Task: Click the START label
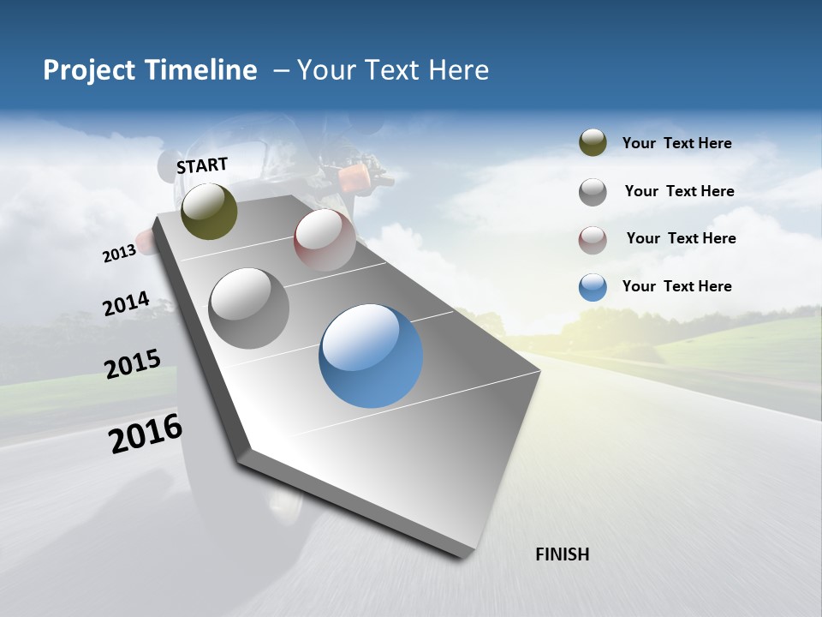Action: coord(202,165)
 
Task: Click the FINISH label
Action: coord(562,554)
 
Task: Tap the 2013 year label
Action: coord(119,254)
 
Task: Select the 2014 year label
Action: coord(126,304)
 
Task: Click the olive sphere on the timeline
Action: coord(210,211)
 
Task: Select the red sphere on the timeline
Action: coord(325,240)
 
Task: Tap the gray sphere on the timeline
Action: coord(249,308)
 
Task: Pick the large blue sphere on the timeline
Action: coord(371,356)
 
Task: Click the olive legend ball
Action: coord(593,143)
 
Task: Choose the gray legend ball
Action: coord(593,192)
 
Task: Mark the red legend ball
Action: coord(593,240)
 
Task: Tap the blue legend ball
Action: coord(593,287)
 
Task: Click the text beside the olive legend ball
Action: coord(676,143)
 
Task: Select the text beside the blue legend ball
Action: coord(676,286)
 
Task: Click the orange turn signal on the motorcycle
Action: coord(353,177)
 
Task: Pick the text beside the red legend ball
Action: coord(681,238)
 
